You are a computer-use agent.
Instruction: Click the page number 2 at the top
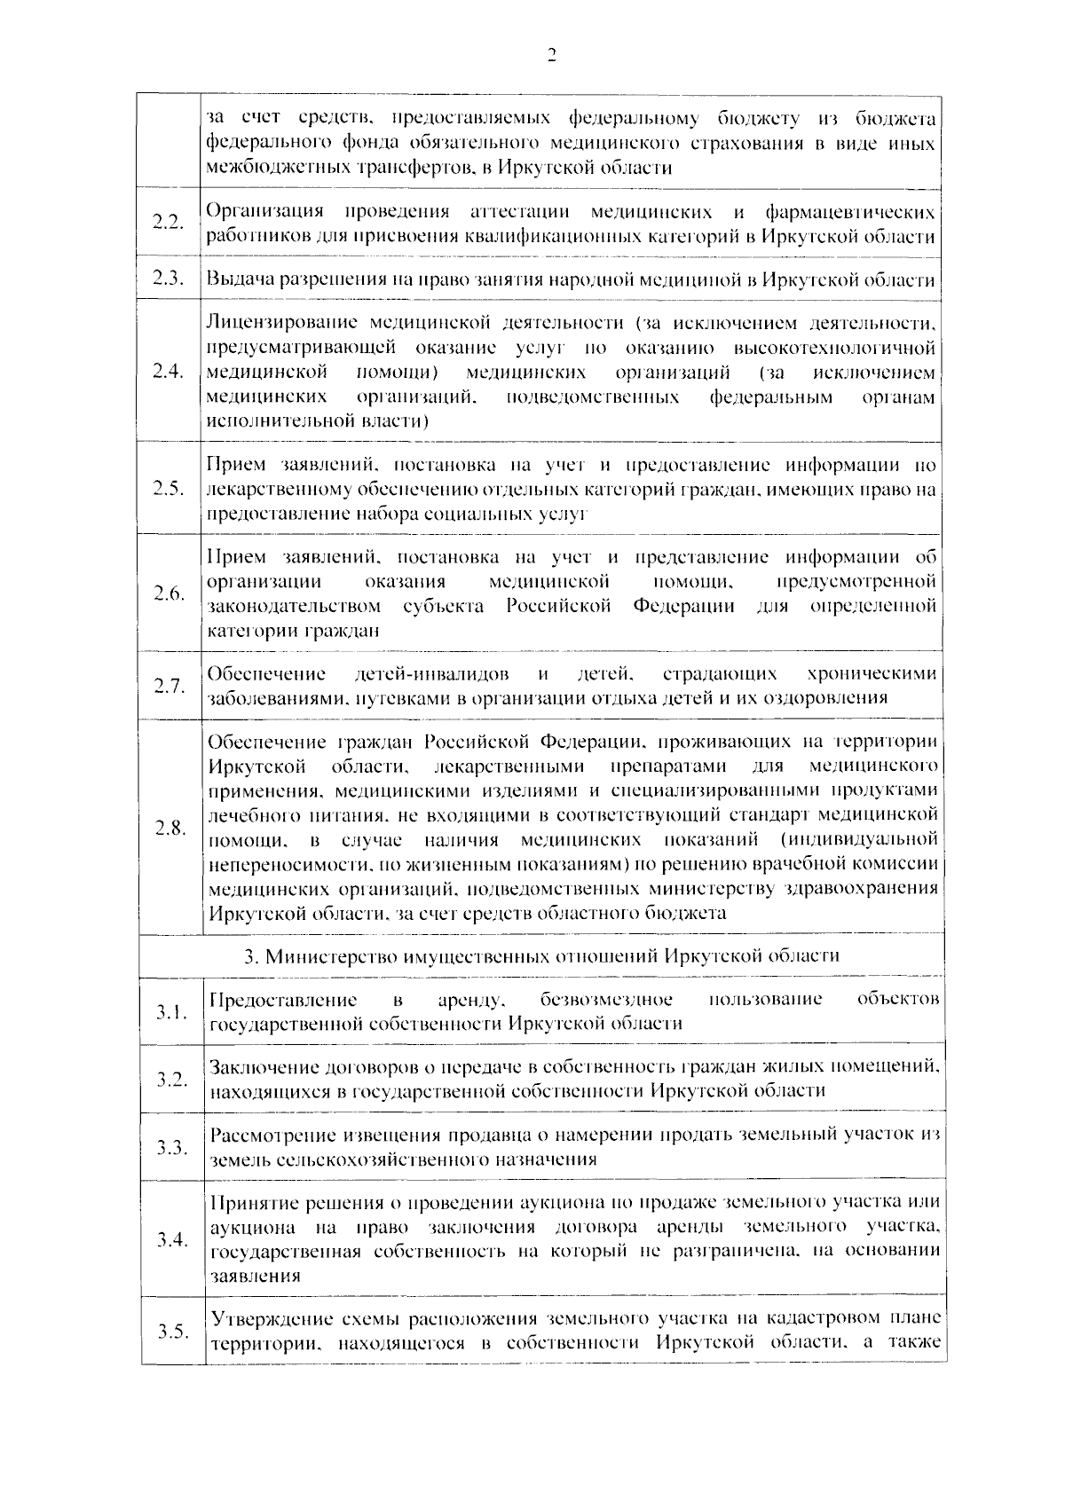click(x=550, y=57)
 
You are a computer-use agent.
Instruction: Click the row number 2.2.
click(x=169, y=222)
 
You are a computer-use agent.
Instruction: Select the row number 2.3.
click(x=169, y=279)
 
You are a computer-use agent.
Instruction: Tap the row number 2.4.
click(x=169, y=371)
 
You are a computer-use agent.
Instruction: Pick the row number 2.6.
click(x=169, y=593)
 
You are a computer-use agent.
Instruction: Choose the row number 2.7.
click(x=169, y=685)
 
